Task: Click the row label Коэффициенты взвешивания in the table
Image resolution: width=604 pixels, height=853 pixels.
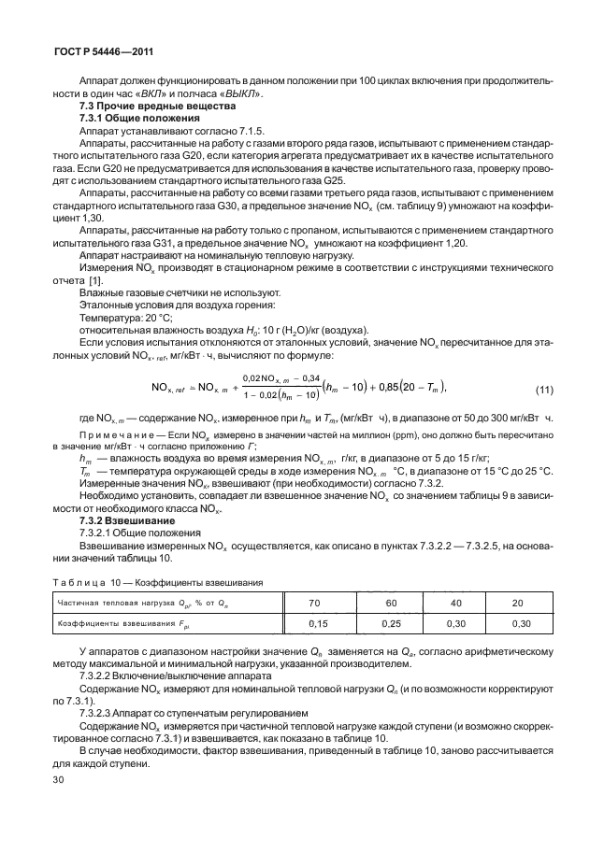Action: [x=122, y=623]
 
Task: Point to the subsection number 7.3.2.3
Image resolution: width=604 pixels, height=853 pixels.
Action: [x=100, y=712]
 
